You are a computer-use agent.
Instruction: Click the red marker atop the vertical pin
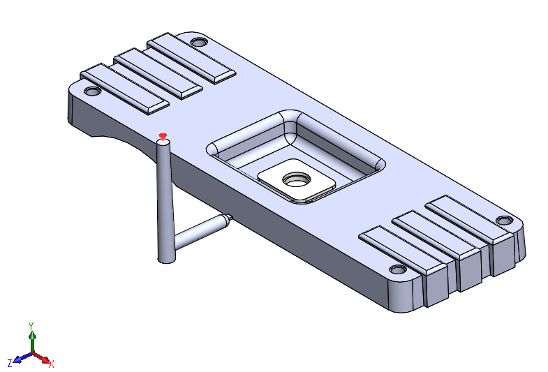point(163,136)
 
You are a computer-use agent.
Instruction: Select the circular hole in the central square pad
point(297,179)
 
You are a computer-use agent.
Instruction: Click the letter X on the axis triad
point(52,363)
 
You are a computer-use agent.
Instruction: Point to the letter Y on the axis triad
point(31,326)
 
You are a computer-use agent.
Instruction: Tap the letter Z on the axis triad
point(10,363)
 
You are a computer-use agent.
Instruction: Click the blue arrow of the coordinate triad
point(21,358)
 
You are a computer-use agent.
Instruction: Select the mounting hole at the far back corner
point(199,43)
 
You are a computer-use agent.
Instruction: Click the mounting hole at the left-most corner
point(91,91)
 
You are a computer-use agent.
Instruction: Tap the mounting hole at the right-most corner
point(504,221)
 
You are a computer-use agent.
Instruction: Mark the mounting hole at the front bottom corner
point(398,269)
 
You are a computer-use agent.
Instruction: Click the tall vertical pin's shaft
point(165,202)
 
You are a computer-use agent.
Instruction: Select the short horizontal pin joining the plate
point(200,232)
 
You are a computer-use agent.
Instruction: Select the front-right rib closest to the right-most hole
point(470,218)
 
